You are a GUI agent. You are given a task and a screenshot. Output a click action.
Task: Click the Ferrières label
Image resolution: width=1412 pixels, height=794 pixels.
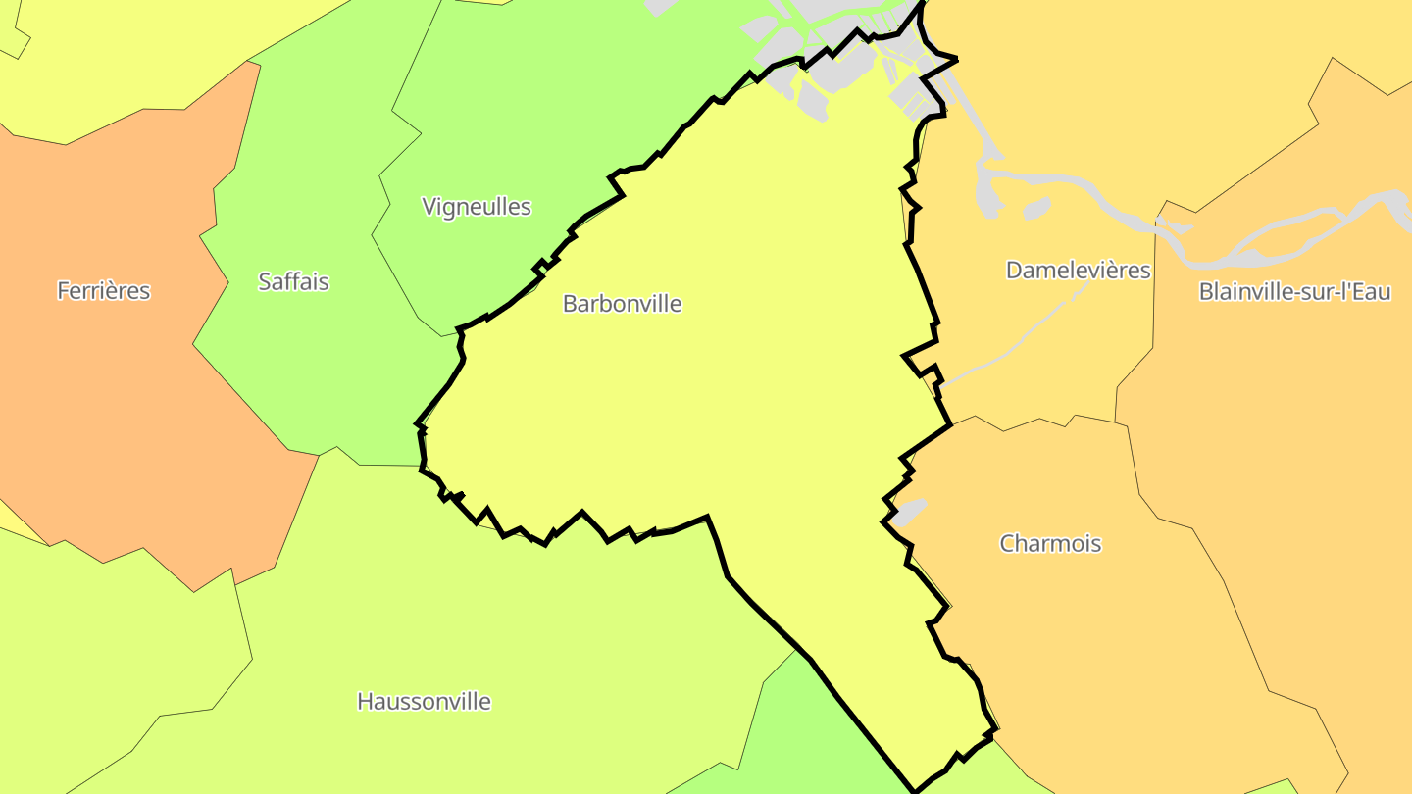pyautogui.click(x=103, y=290)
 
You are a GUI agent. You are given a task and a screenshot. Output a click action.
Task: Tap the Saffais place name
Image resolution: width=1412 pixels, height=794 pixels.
pyautogui.click(x=293, y=281)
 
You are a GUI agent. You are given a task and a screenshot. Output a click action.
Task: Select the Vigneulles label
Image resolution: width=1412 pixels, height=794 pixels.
pyautogui.click(x=477, y=206)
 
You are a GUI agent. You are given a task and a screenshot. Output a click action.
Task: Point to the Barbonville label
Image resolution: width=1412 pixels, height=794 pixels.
pyautogui.click(x=622, y=303)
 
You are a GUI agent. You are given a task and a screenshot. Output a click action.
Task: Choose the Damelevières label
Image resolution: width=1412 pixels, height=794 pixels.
pyautogui.click(x=1078, y=270)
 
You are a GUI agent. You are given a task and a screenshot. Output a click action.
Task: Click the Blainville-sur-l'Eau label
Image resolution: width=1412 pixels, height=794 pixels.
pyautogui.click(x=1294, y=291)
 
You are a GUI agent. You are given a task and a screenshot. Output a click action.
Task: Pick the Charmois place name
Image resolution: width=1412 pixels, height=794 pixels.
pyautogui.click(x=1050, y=543)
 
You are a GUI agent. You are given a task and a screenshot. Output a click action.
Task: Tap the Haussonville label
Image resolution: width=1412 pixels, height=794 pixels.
pyautogui.click(x=424, y=701)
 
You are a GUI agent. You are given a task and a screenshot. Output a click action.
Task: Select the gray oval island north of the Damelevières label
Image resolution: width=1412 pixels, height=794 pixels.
pyautogui.click(x=1036, y=209)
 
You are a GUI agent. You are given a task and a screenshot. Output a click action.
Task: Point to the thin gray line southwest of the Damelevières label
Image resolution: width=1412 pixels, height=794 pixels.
pyautogui.click(x=1010, y=343)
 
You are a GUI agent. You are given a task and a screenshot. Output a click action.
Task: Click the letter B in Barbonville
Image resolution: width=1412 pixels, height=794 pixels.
pyautogui.click(x=570, y=304)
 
